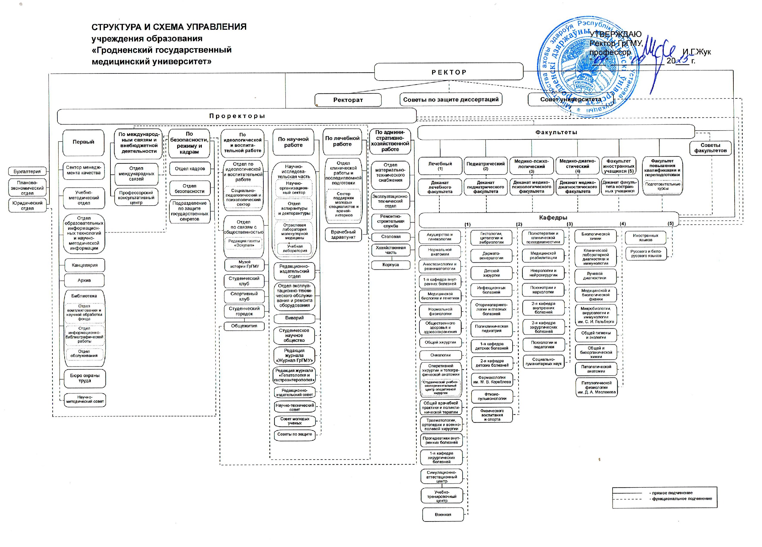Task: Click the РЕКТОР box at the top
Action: point(449,72)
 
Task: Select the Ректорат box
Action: point(348,100)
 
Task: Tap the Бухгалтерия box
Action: point(27,172)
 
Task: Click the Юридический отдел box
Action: point(27,206)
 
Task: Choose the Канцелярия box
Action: point(84,265)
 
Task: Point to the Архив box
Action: point(84,280)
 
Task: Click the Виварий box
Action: point(294,318)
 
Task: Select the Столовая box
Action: point(391,237)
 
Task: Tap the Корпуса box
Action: point(391,265)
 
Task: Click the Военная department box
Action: point(443,514)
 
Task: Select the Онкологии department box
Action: point(441,355)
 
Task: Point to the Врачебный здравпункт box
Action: point(343,234)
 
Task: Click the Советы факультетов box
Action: point(710,148)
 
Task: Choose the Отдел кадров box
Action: point(190,169)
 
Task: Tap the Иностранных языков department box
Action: point(645,238)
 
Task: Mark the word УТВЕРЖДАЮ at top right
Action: point(616,34)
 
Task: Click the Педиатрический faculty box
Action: point(485,166)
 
